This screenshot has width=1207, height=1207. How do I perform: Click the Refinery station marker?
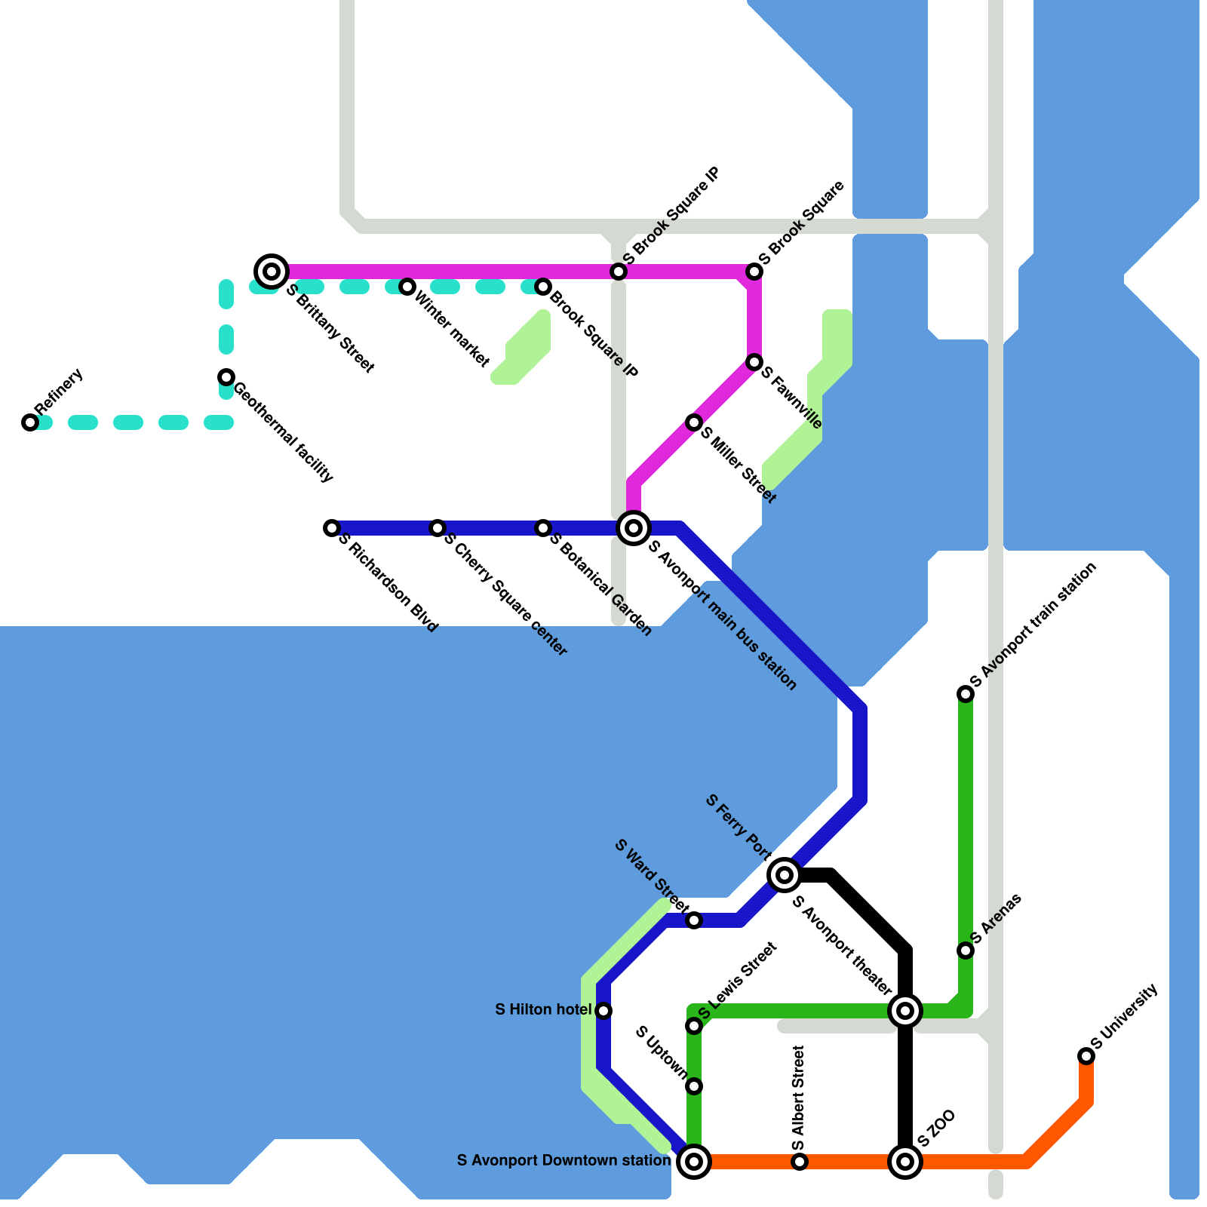click(x=30, y=422)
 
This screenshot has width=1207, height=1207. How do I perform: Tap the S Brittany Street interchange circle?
click(x=272, y=271)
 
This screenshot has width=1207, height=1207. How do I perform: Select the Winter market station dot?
click(x=407, y=287)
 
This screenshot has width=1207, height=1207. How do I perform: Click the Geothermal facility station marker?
click(x=226, y=377)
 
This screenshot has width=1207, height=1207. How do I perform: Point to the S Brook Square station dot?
click(x=754, y=271)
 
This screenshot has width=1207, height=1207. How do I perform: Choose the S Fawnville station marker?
click(x=754, y=363)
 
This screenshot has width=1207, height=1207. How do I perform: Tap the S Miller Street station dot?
click(x=694, y=422)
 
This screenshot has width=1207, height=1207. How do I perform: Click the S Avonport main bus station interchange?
click(x=634, y=528)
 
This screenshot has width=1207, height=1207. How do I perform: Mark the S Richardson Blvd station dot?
click(x=332, y=528)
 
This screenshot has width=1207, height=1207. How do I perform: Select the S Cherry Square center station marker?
click(x=438, y=528)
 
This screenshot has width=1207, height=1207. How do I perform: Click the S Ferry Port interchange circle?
click(x=785, y=875)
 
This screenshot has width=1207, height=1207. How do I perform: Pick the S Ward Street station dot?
click(x=694, y=920)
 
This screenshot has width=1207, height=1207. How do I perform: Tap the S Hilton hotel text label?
click(x=543, y=1009)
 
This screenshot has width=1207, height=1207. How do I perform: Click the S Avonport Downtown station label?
click(x=564, y=1160)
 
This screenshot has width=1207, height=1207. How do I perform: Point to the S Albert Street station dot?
click(x=800, y=1162)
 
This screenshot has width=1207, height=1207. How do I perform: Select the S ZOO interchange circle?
click(x=905, y=1162)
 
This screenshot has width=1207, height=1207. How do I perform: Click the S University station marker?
click(x=1086, y=1056)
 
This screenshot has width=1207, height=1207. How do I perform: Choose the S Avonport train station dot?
click(x=966, y=694)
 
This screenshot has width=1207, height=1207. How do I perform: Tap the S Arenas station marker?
click(x=966, y=951)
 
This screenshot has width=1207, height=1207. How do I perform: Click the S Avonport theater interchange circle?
click(x=905, y=1011)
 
